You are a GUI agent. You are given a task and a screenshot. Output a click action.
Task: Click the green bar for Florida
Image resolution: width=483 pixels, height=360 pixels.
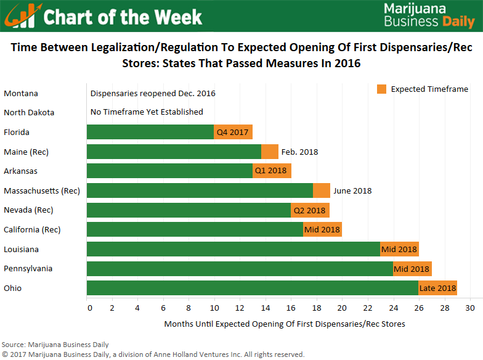coord(150,132)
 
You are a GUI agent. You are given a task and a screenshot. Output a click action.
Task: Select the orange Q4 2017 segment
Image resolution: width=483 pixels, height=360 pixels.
coord(233,132)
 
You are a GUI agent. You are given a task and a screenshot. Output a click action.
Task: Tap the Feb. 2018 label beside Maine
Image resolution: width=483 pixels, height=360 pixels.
coord(299,152)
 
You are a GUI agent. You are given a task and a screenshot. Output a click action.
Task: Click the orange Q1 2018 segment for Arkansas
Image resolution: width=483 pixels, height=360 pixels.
coord(272,171)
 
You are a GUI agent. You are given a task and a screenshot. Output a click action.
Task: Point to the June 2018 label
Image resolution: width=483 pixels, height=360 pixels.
coord(352,190)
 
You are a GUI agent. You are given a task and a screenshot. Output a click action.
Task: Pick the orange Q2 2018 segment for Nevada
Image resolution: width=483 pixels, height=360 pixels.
coord(310,210)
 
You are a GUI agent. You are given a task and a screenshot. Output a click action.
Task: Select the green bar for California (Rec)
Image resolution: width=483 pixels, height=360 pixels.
coord(195,229)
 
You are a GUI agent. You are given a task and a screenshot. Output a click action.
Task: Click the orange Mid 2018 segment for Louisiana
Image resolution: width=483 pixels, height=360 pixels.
coord(399,249)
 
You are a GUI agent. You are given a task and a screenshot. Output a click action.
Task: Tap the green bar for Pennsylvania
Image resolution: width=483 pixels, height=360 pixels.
coord(240,269)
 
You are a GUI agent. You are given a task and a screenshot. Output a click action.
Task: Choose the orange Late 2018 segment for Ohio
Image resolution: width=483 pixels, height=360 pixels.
coord(437,288)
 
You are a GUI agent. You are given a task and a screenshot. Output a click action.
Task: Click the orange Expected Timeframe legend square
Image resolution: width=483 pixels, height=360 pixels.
coord(381,89)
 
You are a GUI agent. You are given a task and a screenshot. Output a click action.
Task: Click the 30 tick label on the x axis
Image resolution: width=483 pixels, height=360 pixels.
coord(470,308)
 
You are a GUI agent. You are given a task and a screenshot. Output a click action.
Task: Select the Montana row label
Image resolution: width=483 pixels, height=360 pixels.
coord(21,94)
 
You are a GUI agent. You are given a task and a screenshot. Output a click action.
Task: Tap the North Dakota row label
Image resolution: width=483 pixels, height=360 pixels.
coord(29,113)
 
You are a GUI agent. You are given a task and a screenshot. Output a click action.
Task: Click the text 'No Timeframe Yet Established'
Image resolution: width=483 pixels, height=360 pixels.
coord(147,112)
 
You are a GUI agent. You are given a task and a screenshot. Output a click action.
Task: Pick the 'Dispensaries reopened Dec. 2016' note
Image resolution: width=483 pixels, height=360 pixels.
coord(153,94)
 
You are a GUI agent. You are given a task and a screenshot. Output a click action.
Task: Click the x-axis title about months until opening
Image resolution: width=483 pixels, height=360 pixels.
coord(285,324)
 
